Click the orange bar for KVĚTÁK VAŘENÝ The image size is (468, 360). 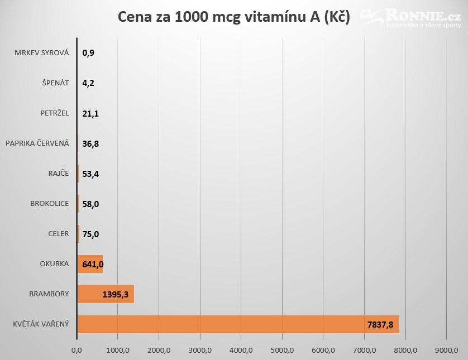tap(238, 324)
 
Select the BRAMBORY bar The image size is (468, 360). tap(106, 294)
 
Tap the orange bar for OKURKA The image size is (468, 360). tap(90, 264)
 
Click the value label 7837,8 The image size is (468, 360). tap(380, 324)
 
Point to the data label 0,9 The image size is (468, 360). tap(88, 53)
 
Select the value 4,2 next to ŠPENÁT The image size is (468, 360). tap(88, 83)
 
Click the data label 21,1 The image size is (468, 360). tap(90, 114)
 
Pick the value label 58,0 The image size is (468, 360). tap(90, 204)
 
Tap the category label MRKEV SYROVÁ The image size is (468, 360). tap(42, 53)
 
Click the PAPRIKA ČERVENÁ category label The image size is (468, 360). tap(37, 143)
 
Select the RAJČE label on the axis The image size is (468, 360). tap(59, 173)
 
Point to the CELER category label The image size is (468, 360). tap(59, 233)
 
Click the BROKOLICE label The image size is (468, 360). tap(50, 203)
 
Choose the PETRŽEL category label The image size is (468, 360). tap(55, 113)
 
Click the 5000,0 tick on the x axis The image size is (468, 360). tap(282, 350)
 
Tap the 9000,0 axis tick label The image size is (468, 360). tap(447, 350)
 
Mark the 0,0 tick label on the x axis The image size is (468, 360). tap(77, 350)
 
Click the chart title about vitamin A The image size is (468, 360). tap(233, 17)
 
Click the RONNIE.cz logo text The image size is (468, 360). tap(423, 15)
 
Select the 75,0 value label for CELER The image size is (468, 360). tap(90, 234)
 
